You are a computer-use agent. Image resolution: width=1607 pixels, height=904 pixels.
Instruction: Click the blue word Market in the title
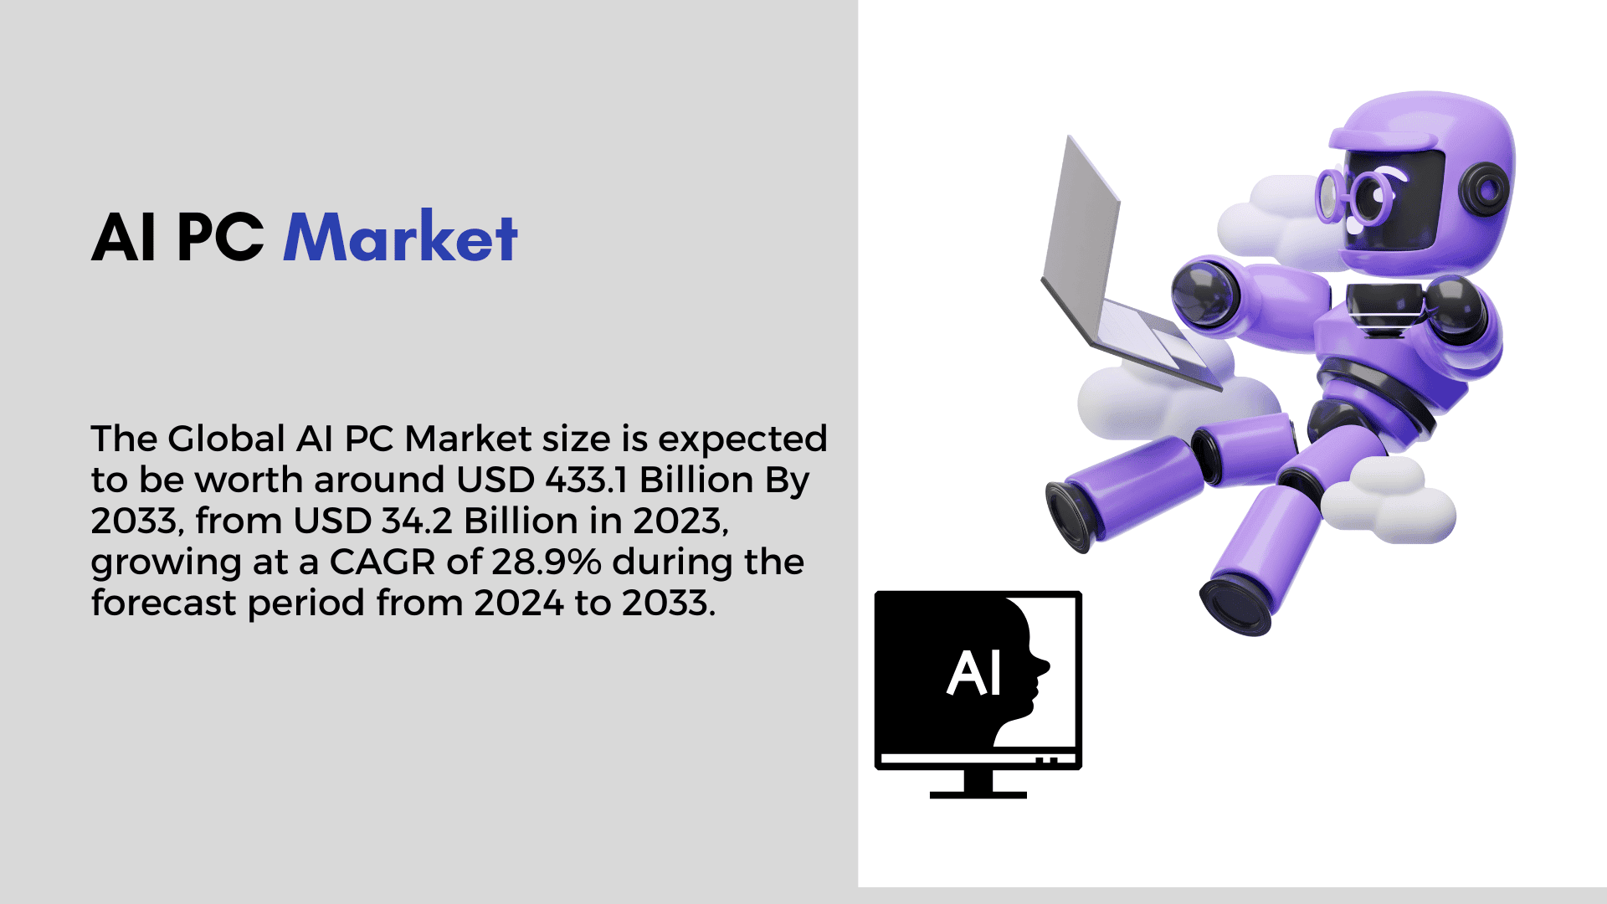pos(401,237)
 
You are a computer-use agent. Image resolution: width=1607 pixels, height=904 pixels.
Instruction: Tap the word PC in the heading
pos(220,238)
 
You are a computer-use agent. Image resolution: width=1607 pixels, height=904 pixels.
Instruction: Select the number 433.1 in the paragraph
pos(587,480)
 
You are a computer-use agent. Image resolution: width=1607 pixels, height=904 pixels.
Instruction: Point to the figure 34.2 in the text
pos(417,521)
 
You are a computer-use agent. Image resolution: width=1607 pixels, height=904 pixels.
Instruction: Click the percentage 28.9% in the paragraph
pos(546,562)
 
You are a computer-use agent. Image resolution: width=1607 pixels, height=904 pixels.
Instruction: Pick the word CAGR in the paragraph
pos(382,562)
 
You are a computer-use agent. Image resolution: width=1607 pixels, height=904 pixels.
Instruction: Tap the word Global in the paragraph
pos(226,439)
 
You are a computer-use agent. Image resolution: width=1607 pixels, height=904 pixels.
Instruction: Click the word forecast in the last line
pos(164,603)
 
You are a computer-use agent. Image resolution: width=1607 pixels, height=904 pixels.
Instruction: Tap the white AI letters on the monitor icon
pos(973,674)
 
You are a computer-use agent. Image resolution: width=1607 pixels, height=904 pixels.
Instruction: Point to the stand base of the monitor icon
pos(978,794)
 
